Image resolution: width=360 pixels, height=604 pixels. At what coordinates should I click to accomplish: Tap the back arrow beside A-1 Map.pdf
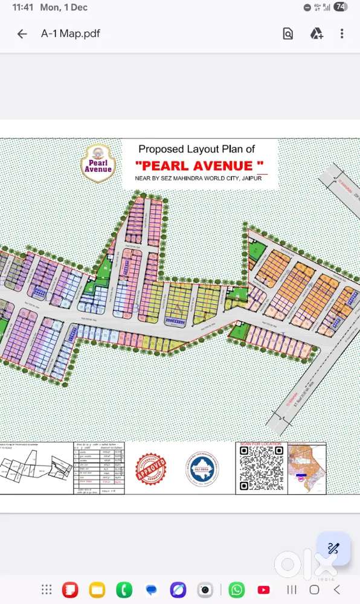(22, 34)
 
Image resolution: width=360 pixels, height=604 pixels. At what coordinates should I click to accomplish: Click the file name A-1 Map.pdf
(70, 34)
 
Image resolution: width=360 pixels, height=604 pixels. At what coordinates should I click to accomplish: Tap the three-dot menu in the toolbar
(342, 34)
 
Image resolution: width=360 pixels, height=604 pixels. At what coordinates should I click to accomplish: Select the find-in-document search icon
(288, 34)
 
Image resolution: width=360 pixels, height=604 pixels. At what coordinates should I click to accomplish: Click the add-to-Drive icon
(317, 34)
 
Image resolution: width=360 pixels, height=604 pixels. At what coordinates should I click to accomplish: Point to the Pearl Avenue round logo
(98, 161)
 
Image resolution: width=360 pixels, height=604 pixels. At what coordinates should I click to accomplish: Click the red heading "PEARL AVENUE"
(199, 165)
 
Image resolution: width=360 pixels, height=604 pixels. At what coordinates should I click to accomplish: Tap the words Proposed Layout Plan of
(197, 149)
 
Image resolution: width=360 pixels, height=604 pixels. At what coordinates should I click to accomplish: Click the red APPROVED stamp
(150, 469)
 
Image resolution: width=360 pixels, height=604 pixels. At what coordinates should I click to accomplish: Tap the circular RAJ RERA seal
(202, 469)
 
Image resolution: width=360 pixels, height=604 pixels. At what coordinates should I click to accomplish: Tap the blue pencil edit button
(333, 548)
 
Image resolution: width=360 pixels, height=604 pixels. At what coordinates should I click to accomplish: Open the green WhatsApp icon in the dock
(237, 590)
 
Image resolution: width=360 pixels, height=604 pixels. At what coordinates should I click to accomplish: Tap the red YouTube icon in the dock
(264, 590)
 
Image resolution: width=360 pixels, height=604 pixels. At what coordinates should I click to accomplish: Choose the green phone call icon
(124, 590)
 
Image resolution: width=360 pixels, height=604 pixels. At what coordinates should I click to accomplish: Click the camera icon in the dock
(205, 590)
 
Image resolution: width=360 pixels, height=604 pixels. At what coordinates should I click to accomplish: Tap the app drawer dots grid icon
(46, 590)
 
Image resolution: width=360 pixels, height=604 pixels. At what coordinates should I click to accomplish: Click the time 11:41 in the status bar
(22, 7)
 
